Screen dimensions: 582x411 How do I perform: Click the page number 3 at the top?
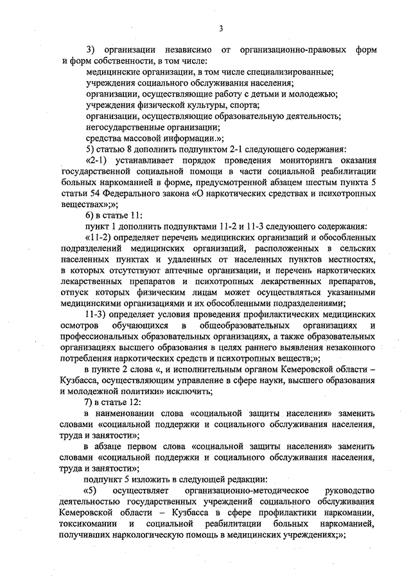pos(220,28)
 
